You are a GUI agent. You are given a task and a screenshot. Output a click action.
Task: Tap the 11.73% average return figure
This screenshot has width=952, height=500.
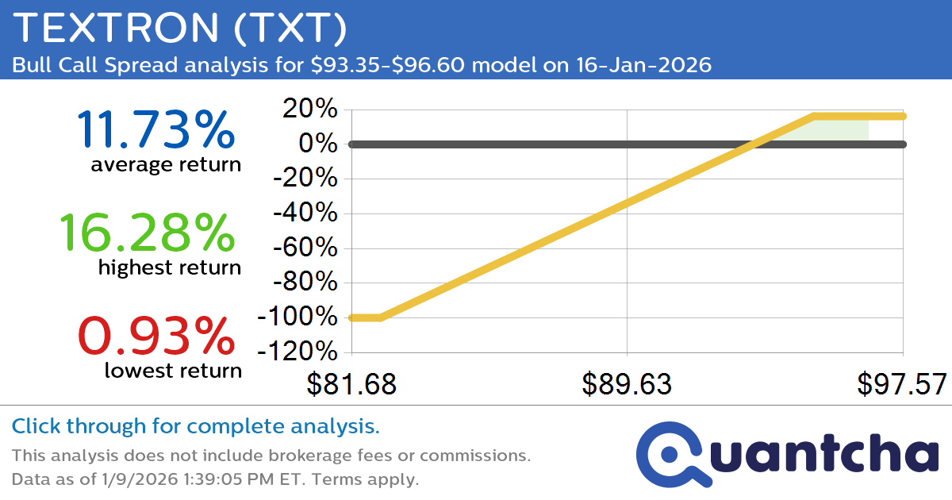(x=156, y=129)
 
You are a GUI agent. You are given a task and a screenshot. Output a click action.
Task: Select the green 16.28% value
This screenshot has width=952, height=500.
(x=147, y=233)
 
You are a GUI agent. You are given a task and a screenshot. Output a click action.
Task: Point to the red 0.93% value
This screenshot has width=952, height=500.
(x=156, y=336)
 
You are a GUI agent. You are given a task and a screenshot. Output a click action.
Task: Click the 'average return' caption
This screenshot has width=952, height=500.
(x=165, y=165)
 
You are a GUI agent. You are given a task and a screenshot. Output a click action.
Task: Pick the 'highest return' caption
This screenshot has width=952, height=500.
(x=169, y=268)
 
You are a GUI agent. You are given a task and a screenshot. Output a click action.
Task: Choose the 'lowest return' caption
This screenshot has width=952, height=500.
(x=172, y=370)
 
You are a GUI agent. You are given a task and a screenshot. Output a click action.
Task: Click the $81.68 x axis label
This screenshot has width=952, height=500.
(x=351, y=384)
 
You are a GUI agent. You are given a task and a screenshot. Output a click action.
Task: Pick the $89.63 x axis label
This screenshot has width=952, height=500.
(x=627, y=384)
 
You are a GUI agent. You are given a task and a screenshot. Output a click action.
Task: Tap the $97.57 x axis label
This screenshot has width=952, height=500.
(x=902, y=384)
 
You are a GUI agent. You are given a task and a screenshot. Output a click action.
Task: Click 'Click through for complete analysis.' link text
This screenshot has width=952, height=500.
(x=195, y=427)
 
